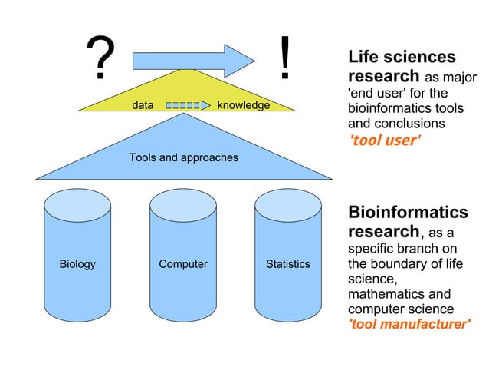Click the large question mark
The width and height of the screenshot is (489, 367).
click(x=100, y=59)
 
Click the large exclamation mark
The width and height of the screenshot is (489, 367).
click(x=285, y=58)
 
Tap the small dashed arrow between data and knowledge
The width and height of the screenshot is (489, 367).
click(x=187, y=105)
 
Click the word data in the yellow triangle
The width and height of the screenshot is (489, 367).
click(x=143, y=105)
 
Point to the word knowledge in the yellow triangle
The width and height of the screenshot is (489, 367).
click(x=244, y=105)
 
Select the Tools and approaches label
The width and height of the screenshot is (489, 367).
click(x=183, y=157)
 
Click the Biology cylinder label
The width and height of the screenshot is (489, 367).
click(x=77, y=264)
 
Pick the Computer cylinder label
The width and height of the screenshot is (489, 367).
click(x=183, y=264)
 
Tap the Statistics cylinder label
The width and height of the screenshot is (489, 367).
click(x=288, y=264)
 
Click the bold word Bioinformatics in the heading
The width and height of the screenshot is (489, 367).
click(x=408, y=212)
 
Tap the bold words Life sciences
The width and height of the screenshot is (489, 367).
click(x=402, y=57)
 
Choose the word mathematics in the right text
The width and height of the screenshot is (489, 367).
click(x=386, y=294)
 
